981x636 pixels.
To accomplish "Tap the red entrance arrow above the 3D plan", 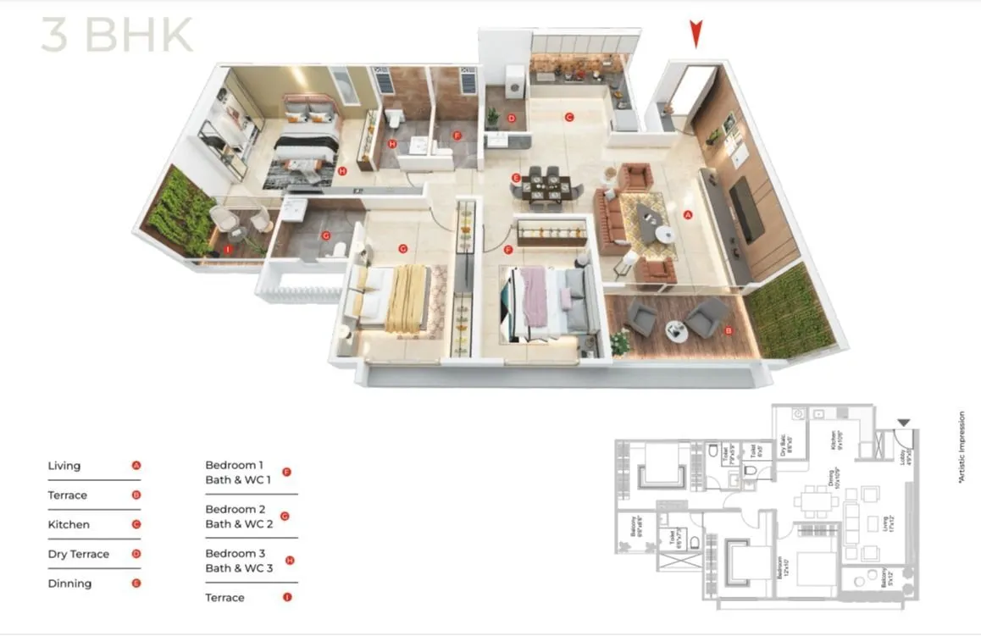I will click(696, 34).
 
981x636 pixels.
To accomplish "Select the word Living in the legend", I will click(64, 466).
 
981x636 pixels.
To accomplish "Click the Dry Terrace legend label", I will click(79, 554).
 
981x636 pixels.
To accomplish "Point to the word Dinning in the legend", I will click(70, 583).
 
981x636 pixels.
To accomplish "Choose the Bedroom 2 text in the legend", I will click(236, 509).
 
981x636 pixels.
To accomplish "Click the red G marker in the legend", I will click(285, 516).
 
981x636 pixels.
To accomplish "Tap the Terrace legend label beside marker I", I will click(224, 598).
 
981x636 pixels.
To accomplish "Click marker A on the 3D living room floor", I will click(688, 215).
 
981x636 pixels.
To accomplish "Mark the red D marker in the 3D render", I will click(511, 119).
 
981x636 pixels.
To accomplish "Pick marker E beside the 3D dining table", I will click(515, 177).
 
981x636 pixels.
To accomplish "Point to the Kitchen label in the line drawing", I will click(834, 440).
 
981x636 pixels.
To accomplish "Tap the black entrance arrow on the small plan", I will click(904, 422).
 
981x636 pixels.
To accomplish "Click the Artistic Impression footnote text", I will click(962, 447).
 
